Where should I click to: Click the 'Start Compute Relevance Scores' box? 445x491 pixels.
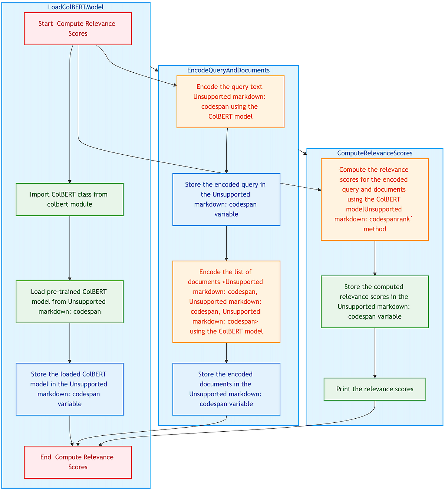tap(78, 29)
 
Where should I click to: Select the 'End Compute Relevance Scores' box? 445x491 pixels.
tap(78, 462)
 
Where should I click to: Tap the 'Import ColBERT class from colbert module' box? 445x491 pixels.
tap(70, 200)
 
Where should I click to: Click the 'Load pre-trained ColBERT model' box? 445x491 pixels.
tap(70, 301)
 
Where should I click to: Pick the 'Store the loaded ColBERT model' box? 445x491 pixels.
tap(70, 389)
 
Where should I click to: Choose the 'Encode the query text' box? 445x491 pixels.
tap(230, 102)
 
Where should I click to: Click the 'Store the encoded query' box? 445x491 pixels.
tap(226, 200)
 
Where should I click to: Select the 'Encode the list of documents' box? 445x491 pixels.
tap(226, 301)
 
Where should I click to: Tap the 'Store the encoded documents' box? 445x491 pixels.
tap(226, 389)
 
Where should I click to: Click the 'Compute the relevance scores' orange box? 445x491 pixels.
tap(375, 200)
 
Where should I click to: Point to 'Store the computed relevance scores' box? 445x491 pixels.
tap(375, 301)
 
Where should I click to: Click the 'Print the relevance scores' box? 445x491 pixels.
tap(375, 389)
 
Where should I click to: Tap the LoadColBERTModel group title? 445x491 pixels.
tap(76, 7)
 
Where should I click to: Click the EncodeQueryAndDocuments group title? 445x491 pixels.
tap(228, 70)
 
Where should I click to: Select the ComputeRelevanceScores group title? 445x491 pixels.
tap(375, 153)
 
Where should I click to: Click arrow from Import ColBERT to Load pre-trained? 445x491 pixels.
tap(70, 248)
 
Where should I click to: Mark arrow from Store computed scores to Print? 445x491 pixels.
tap(375, 352)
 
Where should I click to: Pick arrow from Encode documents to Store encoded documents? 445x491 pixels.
tap(226, 353)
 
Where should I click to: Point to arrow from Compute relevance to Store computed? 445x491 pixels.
tap(375, 258)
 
